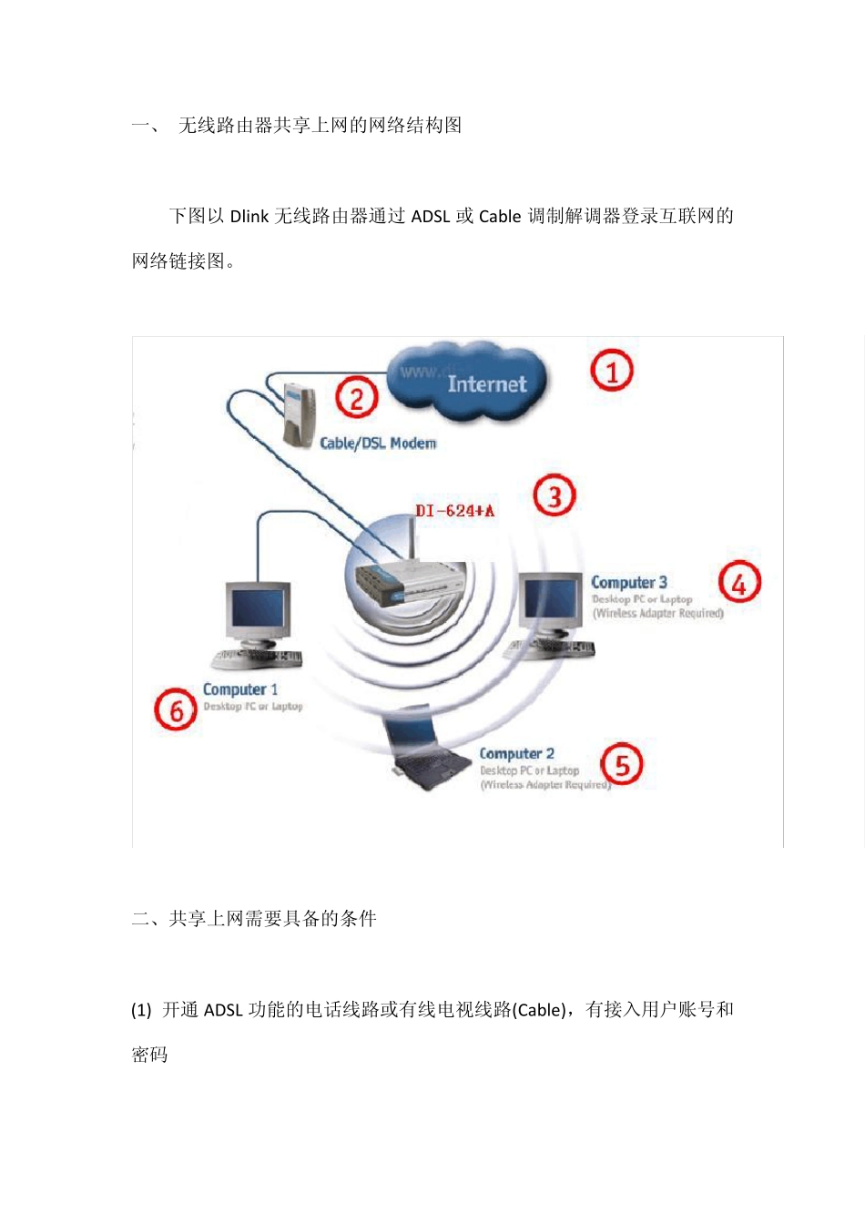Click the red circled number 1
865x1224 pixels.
pos(612,371)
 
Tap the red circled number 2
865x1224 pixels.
pos(357,398)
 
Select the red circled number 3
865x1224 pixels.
pos(555,496)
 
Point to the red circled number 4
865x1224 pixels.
pos(739,583)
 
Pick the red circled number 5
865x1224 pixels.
pos(622,764)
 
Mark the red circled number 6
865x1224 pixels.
pos(176,709)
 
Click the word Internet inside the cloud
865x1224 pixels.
pos(486,384)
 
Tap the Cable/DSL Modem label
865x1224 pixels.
pos(378,444)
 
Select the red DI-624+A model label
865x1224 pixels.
pos(454,511)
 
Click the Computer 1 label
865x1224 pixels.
pos(240,689)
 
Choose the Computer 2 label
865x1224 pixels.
pos(516,753)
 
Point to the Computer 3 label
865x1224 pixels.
pos(628,582)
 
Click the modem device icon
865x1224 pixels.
pos(300,415)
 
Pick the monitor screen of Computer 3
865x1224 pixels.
pos(550,601)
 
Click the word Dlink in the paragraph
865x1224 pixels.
pos(249,217)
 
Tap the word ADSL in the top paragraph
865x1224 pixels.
pos(431,217)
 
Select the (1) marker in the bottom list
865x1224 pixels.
pos(141,1010)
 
